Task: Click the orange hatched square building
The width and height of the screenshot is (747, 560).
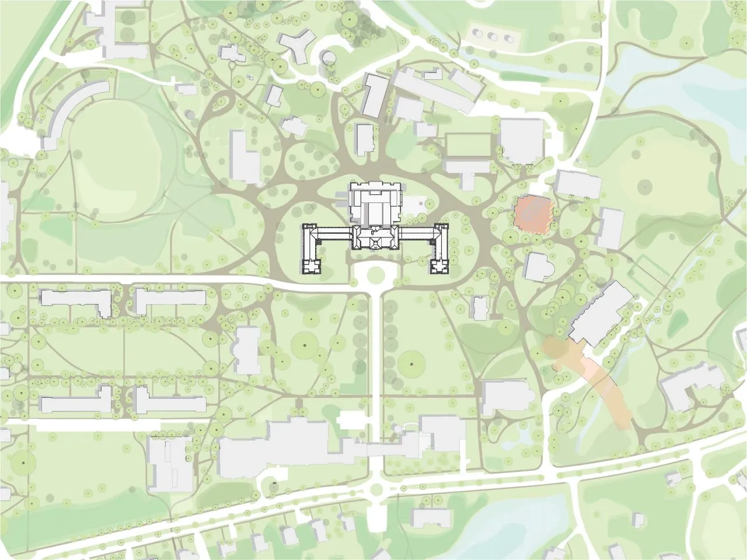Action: tap(532, 215)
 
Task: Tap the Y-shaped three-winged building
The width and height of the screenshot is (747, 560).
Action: tap(297, 47)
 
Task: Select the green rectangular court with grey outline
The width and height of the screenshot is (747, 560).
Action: tap(467, 145)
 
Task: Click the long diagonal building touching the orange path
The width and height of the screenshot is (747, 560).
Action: tap(601, 312)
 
